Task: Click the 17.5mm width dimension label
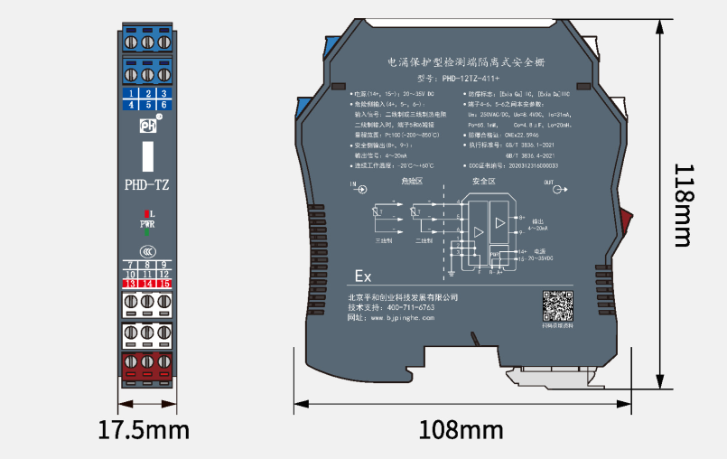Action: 144,427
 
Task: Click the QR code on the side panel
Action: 558,304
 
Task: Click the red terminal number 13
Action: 130,284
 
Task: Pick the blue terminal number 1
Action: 130,93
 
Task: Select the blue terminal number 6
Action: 163,105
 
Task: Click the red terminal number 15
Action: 163,284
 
